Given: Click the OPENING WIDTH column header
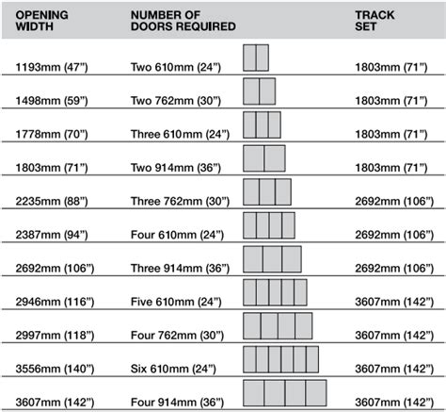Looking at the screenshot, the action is (41, 21).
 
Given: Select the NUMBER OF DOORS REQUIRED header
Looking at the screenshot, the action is (183, 21).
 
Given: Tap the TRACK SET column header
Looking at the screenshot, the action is (374, 21).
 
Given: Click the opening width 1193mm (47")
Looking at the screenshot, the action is (52, 67).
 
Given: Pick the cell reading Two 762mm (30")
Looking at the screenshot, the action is (176, 101).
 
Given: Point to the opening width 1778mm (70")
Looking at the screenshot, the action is (52, 134).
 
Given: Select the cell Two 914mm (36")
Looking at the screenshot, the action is (176, 168).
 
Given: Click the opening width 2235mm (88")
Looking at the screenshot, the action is (52, 201).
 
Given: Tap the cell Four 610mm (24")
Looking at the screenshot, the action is (177, 235).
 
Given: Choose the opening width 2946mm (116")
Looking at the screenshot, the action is (55, 302).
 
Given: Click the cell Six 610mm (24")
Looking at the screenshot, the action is (173, 369).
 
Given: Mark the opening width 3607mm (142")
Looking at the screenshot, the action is (55, 403).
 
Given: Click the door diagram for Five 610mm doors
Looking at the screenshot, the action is (275, 292).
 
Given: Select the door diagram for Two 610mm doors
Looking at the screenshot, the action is (256, 58).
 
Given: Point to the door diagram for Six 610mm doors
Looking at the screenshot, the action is (280, 359).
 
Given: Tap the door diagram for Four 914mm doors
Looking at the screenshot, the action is (285, 393).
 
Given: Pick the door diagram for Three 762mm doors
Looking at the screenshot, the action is (267, 192).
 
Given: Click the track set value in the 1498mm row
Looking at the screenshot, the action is (391, 101).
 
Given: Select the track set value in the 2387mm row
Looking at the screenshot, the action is (394, 235).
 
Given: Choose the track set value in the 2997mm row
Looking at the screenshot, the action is (394, 336).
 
